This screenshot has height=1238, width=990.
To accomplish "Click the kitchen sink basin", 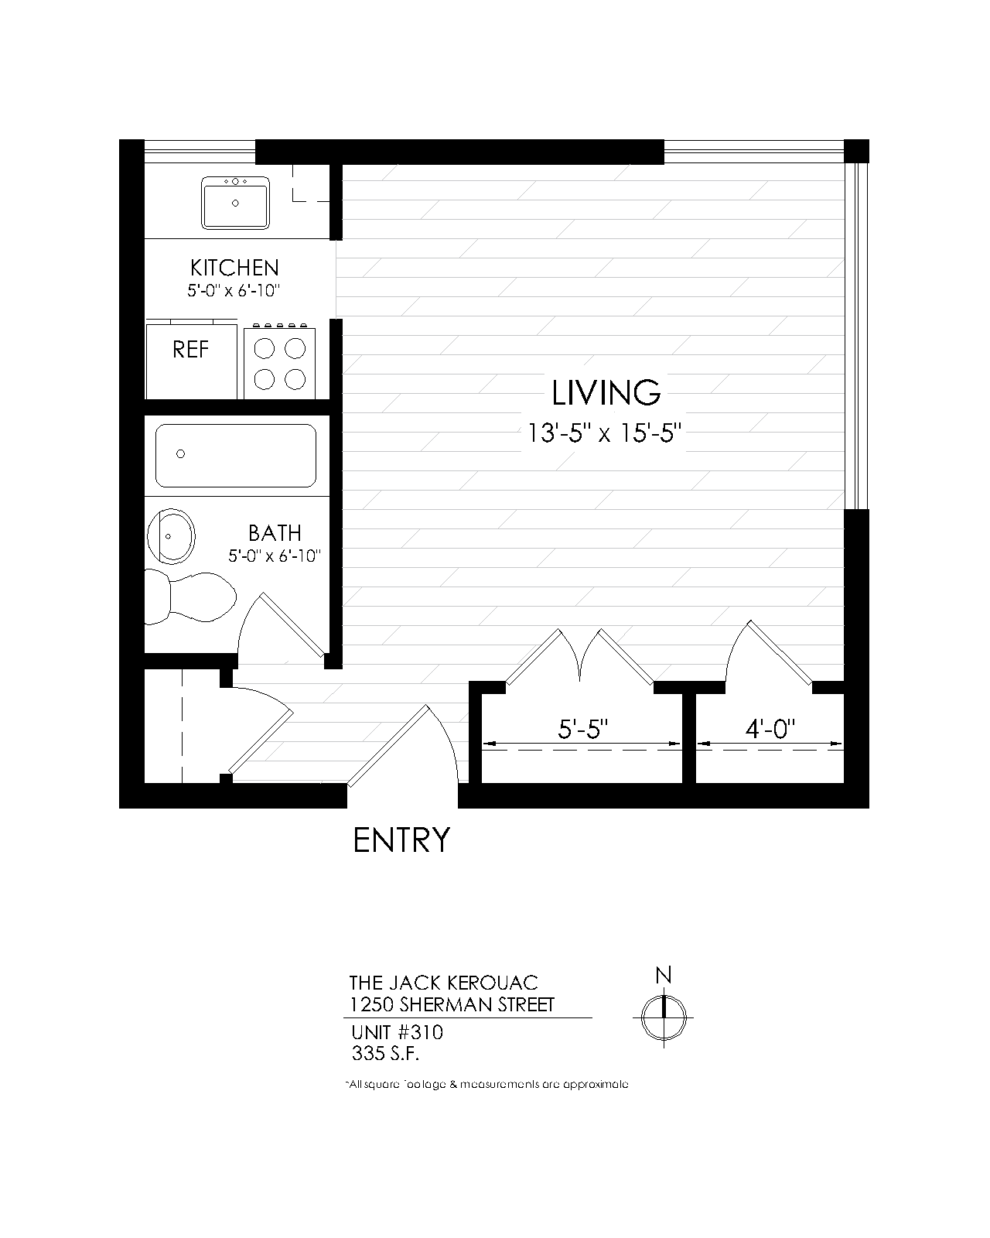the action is click(235, 203).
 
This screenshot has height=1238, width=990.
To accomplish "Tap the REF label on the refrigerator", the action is click(190, 350).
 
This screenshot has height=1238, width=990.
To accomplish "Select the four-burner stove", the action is click(279, 361).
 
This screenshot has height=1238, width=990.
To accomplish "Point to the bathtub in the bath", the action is click(236, 456).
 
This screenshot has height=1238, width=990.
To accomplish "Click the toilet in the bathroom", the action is click(189, 597).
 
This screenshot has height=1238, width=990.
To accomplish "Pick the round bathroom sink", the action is click(171, 536).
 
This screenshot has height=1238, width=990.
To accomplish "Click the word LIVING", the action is click(606, 393).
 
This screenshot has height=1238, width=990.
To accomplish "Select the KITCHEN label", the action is click(234, 268).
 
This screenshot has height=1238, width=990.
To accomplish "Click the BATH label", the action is click(275, 533).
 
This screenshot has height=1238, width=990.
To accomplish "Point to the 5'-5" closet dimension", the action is click(582, 730).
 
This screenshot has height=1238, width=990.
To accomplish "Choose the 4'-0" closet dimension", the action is click(770, 730).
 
